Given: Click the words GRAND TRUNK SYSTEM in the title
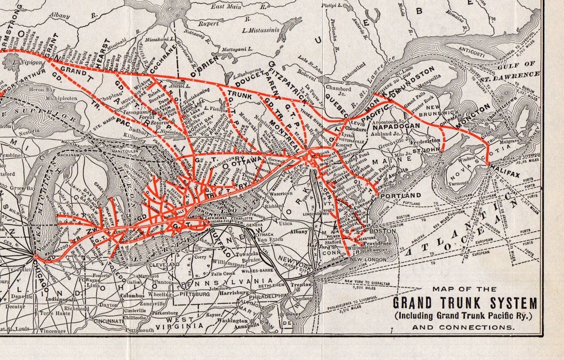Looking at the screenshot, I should (465, 303).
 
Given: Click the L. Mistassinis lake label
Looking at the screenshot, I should (261, 30).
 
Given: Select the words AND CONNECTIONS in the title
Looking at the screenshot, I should (465, 327).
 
